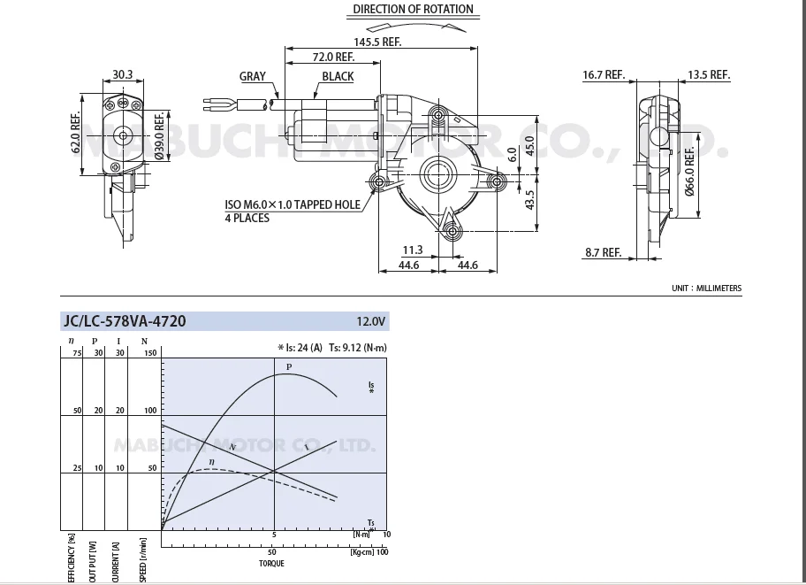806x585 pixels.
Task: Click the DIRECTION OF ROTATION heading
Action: [413, 10]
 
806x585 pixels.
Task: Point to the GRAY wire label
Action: [253, 76]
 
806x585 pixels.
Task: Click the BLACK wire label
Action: [338, 77]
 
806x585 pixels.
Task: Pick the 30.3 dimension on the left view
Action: [123, 75]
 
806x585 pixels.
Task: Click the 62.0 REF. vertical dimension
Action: [76, 132]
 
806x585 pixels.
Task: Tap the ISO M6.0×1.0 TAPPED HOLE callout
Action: [292, 205]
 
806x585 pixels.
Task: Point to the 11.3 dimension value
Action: [413, 250]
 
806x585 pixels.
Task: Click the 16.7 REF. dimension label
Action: [604, 75]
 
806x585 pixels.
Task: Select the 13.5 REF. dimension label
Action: [708, 75]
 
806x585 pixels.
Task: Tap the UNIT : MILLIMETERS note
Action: [706, 289]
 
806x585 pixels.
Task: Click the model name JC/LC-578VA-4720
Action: [124, 320]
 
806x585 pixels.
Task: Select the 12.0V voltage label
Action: [371, 321]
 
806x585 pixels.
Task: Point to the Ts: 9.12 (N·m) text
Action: [358, 348]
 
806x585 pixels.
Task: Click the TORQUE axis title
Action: [271, 563]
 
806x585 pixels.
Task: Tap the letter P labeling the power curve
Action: [288, 366]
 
